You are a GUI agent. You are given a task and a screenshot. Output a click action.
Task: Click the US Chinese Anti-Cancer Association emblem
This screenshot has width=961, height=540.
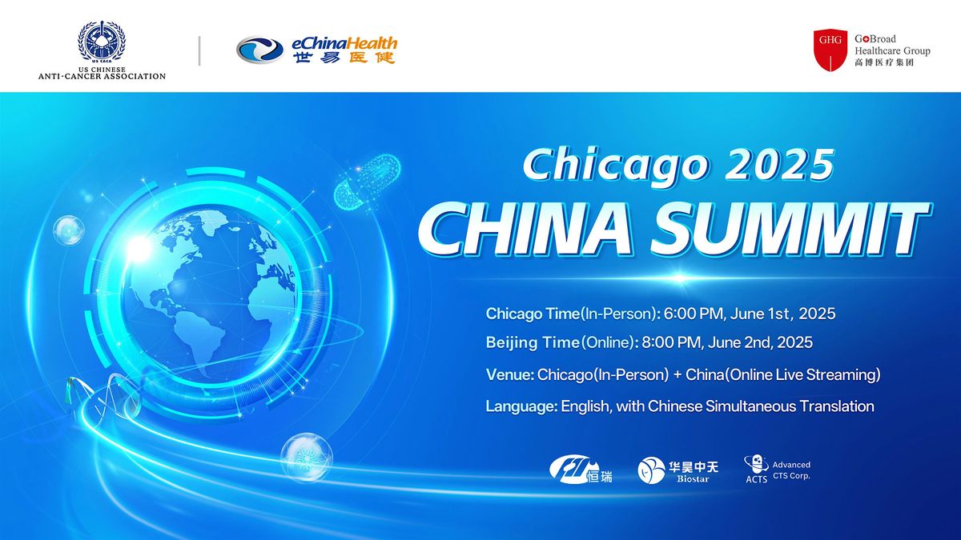tap(102, 42)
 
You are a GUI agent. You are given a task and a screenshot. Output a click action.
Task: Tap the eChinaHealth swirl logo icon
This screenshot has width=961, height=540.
tap(259, 50)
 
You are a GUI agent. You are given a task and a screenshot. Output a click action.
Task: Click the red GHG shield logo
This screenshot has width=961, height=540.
tap(830, 50)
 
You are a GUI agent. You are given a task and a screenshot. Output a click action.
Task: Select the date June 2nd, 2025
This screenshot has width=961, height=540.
tap(759, 343)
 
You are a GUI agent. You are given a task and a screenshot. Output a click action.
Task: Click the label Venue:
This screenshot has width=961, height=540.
tap(509, 374)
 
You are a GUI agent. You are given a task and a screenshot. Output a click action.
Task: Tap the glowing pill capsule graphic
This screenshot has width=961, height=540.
tap(368, 183)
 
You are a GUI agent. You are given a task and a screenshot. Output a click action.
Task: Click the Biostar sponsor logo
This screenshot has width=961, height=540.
tap(678, 470)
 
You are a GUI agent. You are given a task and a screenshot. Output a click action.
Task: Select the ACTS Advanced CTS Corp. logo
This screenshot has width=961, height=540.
tap(777, 470)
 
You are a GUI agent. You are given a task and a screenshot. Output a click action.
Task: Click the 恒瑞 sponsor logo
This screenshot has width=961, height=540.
tap(581, 470)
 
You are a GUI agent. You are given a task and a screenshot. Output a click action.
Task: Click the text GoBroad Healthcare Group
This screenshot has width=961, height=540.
tap(891, 45)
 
